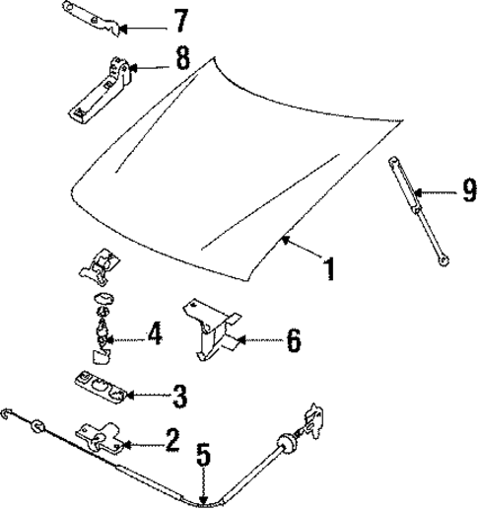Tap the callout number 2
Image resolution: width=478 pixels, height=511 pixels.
171,439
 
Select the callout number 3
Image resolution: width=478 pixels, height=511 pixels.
178,397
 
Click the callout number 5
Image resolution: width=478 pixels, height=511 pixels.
202,457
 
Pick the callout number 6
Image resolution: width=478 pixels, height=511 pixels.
294,343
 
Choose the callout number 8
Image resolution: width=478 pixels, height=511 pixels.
182,59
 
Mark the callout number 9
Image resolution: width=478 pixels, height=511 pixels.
469,189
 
